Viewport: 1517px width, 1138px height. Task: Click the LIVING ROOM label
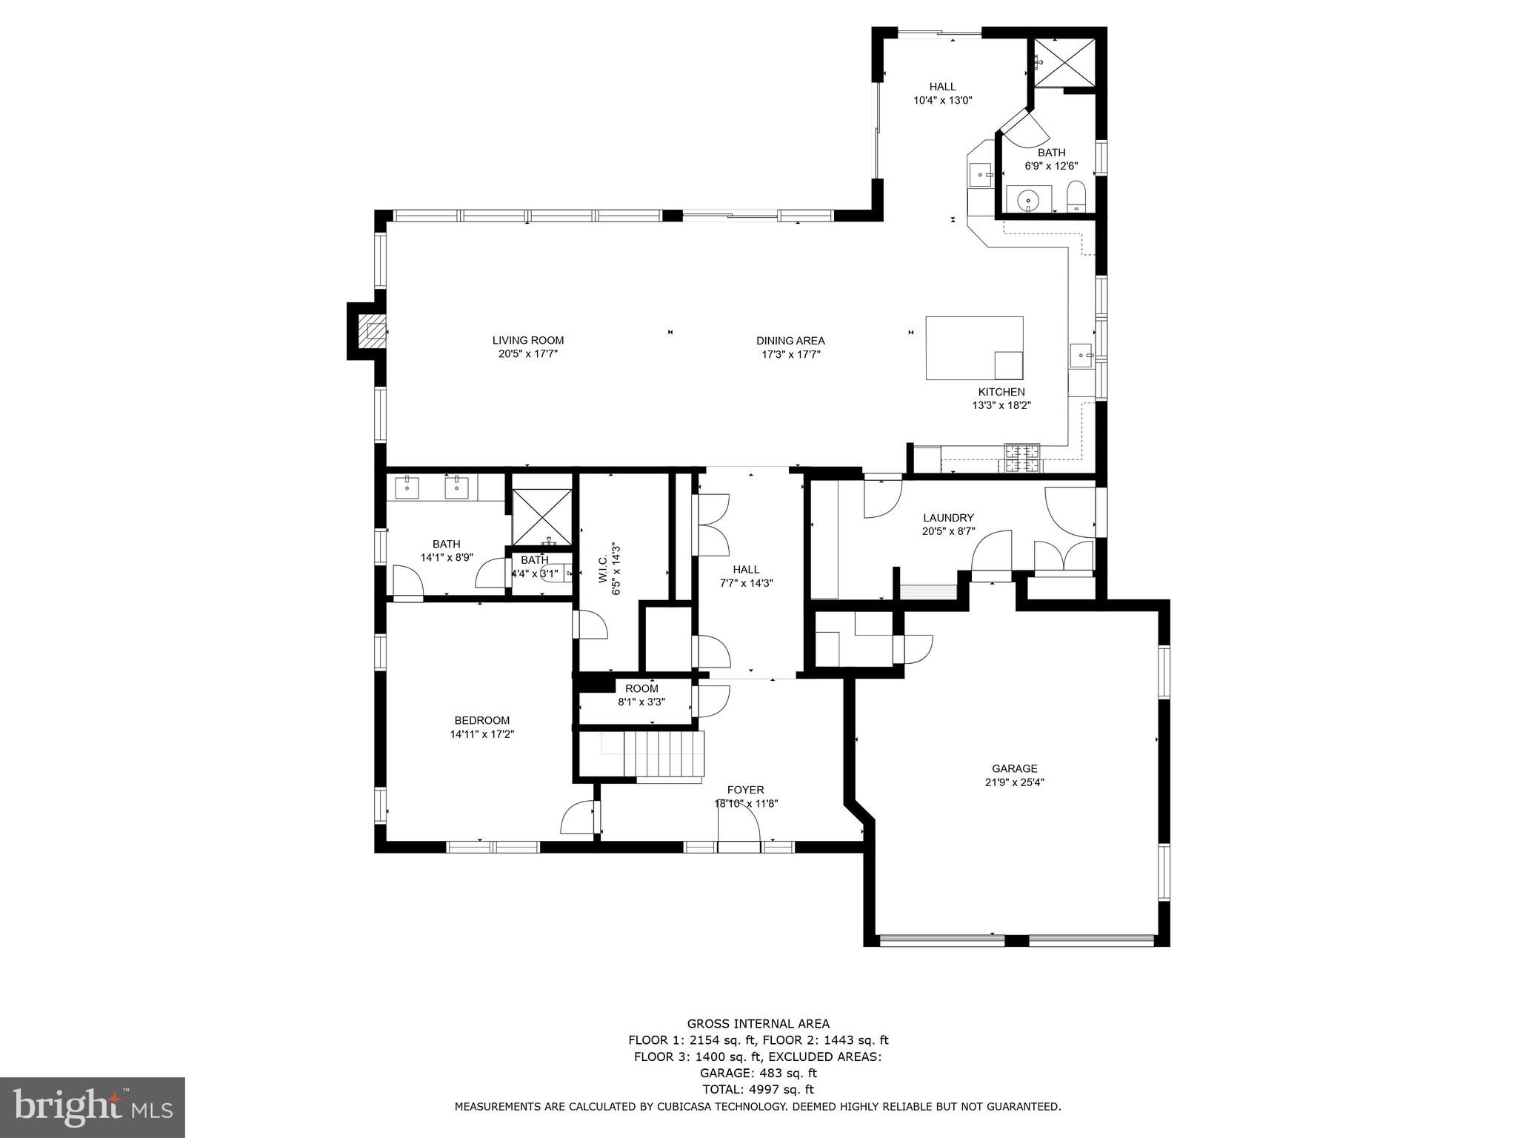point(528,341)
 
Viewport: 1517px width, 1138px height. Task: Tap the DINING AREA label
point(790,341)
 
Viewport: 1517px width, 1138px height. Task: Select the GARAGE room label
point(1015,768)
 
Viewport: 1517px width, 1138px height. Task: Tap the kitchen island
point(974,348)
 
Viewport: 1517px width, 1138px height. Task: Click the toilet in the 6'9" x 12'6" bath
point(1076,197)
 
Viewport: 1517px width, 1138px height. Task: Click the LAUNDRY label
point(948,518)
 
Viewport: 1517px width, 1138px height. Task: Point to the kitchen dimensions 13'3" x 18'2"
point(1001,405)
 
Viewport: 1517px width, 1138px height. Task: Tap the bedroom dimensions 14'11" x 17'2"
point(482,734)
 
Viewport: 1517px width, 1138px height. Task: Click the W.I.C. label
point(603,568)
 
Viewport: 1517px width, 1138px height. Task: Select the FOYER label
point(745,790)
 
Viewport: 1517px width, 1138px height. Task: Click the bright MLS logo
point(93,1107)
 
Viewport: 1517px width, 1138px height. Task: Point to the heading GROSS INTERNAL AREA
point(758,1025)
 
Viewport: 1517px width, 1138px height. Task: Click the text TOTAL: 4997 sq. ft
point(758,1089)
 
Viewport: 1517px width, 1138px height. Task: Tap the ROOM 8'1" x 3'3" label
point(641,695)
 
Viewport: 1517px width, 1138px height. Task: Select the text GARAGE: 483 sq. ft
point(758,1073)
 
